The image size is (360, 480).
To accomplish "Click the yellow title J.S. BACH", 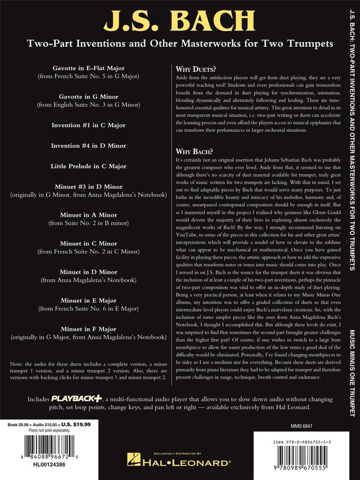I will [180, 21].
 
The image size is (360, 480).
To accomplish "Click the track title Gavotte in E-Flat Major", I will [89, 68].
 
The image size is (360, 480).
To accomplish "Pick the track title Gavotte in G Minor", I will [89, 97].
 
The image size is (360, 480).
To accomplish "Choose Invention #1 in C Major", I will [89, 125].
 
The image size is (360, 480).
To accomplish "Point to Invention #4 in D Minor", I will [89, 146].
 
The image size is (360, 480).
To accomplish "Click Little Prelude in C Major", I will [89, 166].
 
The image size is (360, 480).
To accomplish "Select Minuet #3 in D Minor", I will [89, 187].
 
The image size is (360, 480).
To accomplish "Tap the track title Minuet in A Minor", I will [89, 215].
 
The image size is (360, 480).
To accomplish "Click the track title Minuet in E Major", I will [89, 300].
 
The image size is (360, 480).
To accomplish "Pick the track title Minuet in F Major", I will [89, 329].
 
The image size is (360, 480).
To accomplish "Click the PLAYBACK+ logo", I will [76, 398].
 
